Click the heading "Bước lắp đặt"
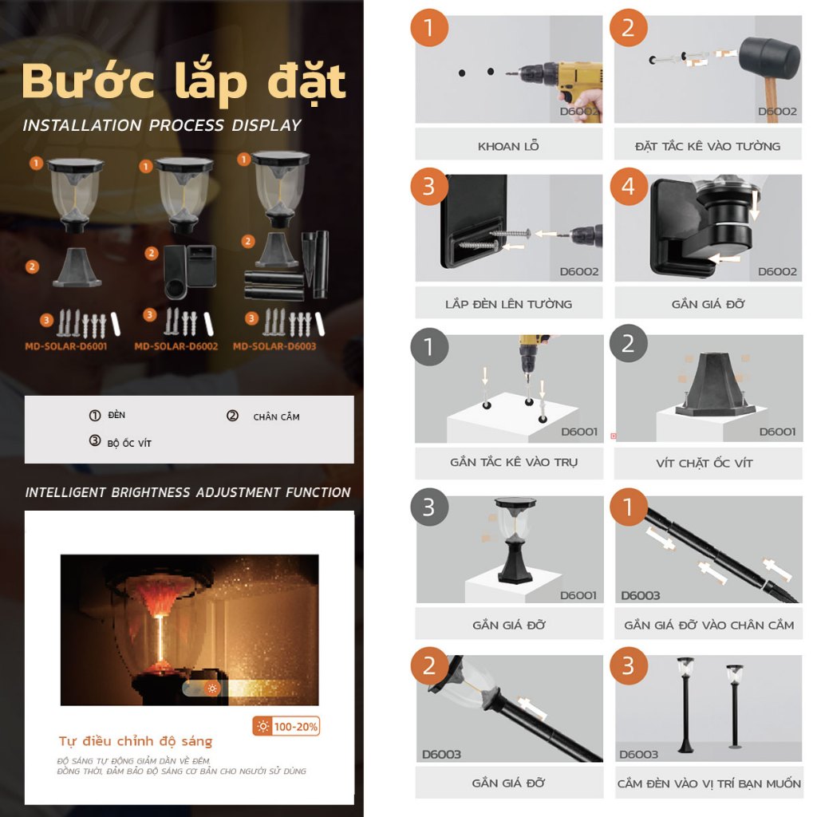(x=184, y=82)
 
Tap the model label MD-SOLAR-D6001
(x=66, y=346)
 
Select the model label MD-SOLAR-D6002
(x=176, y=346)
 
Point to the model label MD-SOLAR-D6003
(x=274, y=346)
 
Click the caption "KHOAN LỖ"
(x=508, y=146)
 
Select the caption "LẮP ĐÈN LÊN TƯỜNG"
(x=508, y=304)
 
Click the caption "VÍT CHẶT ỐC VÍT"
(x=705, y=464)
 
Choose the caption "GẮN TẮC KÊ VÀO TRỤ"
(x=514, y=462)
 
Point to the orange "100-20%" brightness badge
(x=286, y=726)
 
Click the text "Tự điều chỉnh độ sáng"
(x=136, y=741)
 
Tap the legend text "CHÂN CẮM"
(x=276, y=416)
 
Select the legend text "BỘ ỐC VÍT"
(x=129, y=444)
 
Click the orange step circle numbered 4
(x=629, y=186)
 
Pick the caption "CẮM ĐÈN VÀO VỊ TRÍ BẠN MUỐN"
(x=709, y=783)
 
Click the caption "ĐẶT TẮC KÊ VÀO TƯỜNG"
(x=708, y=146)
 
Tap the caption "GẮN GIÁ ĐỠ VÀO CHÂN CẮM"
(x=709, y=625)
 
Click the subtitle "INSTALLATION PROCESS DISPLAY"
(x=162, y=125)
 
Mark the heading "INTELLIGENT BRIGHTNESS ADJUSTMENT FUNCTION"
(x=188, y=492)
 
